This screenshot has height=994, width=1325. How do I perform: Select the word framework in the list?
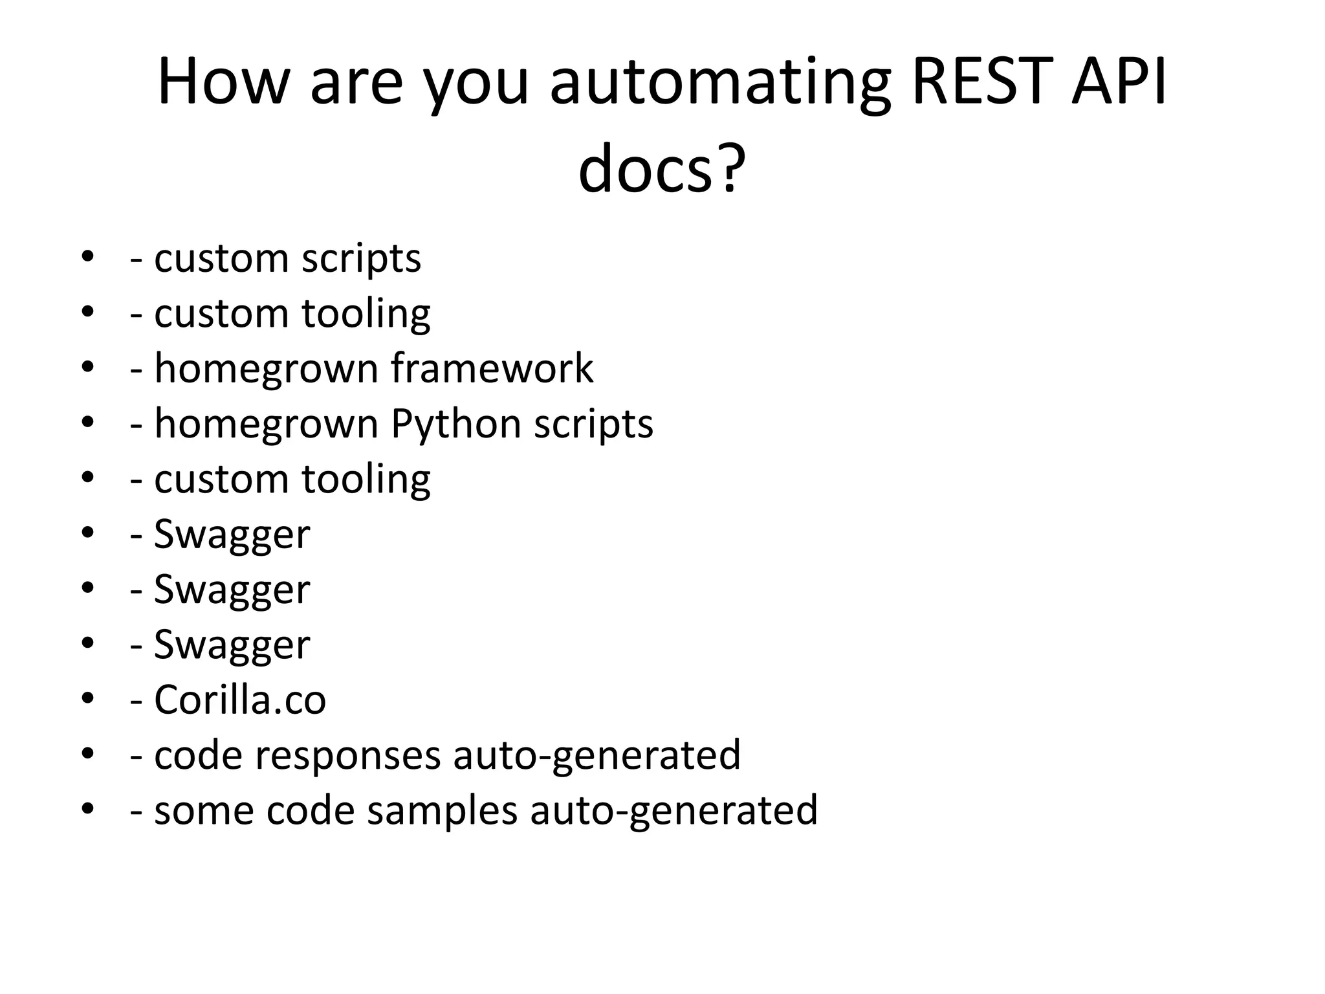click(x=492, y=368)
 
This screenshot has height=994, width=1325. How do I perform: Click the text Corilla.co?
click(x=239, y=700)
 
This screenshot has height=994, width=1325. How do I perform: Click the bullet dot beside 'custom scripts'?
click(x=88, y=258)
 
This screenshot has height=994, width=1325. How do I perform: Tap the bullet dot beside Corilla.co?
click(x=88, y=699)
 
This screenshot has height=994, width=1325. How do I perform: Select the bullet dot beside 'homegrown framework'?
click(x=88, y=368)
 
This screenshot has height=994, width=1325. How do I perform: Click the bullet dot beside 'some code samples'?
click(x=88, y=809)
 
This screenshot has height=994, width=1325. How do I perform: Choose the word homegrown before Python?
click(x=266, y=425)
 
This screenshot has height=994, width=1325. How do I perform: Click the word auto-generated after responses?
click(x=597, y=756)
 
